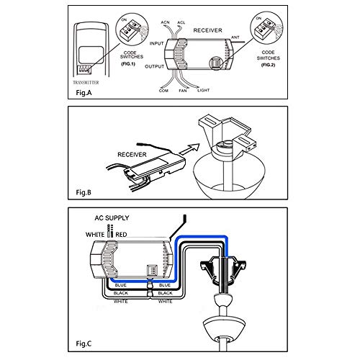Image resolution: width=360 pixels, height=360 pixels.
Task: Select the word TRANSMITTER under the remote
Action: point(89,81)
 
